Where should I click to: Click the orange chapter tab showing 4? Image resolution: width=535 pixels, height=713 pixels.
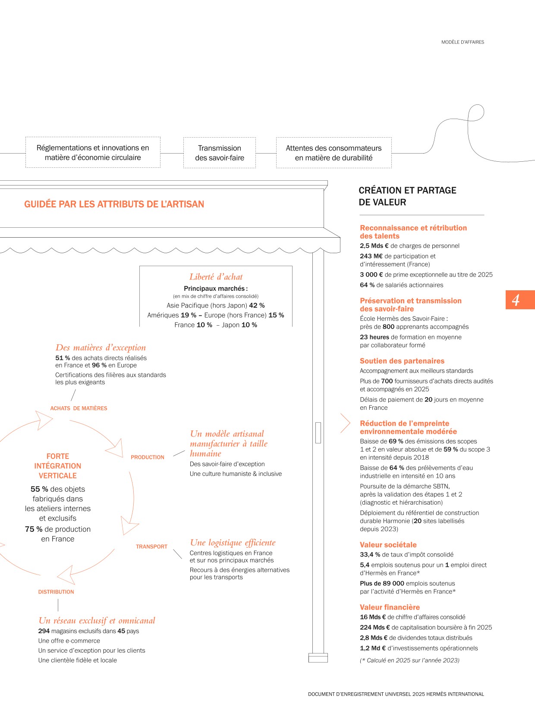(520, 300)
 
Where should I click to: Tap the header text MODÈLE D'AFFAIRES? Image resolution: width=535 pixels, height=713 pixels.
(463, 42)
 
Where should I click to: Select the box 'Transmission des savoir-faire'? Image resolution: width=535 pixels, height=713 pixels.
(220, 153)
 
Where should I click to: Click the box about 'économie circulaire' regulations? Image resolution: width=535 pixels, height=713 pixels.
(93, 153)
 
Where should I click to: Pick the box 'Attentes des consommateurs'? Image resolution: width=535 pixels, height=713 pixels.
(334, 153)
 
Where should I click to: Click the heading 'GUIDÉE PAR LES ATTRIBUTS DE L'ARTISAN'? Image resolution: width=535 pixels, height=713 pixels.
(114, 204)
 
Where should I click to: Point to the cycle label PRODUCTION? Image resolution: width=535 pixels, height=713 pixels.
(148, 457)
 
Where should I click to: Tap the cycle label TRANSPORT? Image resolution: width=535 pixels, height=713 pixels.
(151, 547)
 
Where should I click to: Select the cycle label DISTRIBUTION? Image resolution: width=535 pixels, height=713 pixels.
(56, 592)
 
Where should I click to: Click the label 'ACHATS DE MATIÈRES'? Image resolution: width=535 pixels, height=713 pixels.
(79, 408)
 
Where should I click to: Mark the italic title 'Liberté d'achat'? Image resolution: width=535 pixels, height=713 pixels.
(216, 277)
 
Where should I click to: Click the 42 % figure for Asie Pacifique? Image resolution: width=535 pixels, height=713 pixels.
(257, 305)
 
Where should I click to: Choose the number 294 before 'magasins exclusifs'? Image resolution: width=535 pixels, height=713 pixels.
(44, 631)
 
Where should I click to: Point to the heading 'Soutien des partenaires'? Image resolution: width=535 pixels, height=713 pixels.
(402, 361)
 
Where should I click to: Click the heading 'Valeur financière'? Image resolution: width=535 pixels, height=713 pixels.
(390, 607)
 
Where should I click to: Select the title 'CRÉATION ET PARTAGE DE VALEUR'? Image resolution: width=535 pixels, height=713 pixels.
(407, 196)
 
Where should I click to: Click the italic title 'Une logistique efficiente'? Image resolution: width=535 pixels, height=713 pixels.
(233, 543)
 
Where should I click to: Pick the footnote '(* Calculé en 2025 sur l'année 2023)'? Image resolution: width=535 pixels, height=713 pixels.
(409, 660)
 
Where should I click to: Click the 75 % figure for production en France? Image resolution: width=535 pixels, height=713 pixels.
(34, 529)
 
